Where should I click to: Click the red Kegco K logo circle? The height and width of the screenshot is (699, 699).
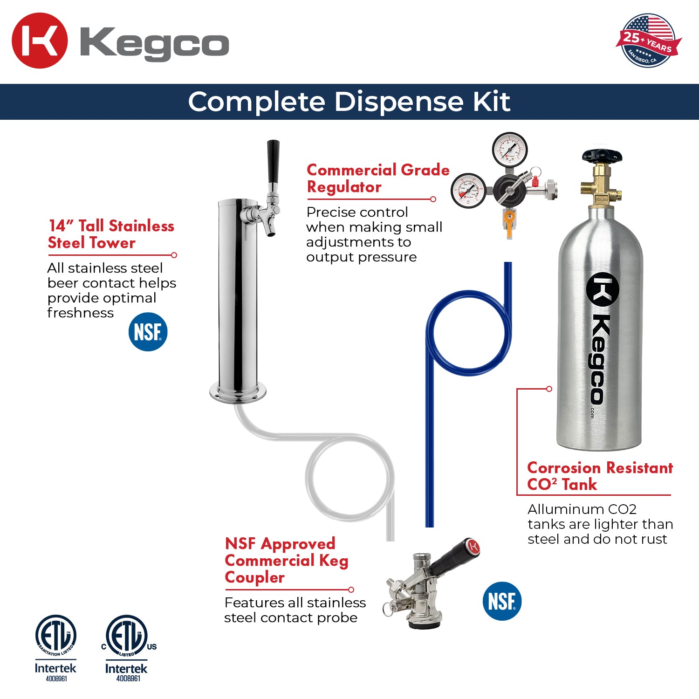point(40,41)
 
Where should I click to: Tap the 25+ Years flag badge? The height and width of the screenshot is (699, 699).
point(648,41)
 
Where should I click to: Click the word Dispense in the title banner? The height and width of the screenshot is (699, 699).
point(400,102)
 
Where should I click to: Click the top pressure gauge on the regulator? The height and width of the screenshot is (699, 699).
point(509,149)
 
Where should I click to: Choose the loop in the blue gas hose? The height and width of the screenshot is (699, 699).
point(468,333)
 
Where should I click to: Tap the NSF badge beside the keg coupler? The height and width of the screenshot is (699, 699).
point(502,601)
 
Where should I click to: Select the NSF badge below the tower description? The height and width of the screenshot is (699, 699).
point(148,332)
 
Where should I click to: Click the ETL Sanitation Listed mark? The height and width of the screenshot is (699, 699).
point(56,636)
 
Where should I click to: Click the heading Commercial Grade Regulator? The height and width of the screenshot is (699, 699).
point(377,178)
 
